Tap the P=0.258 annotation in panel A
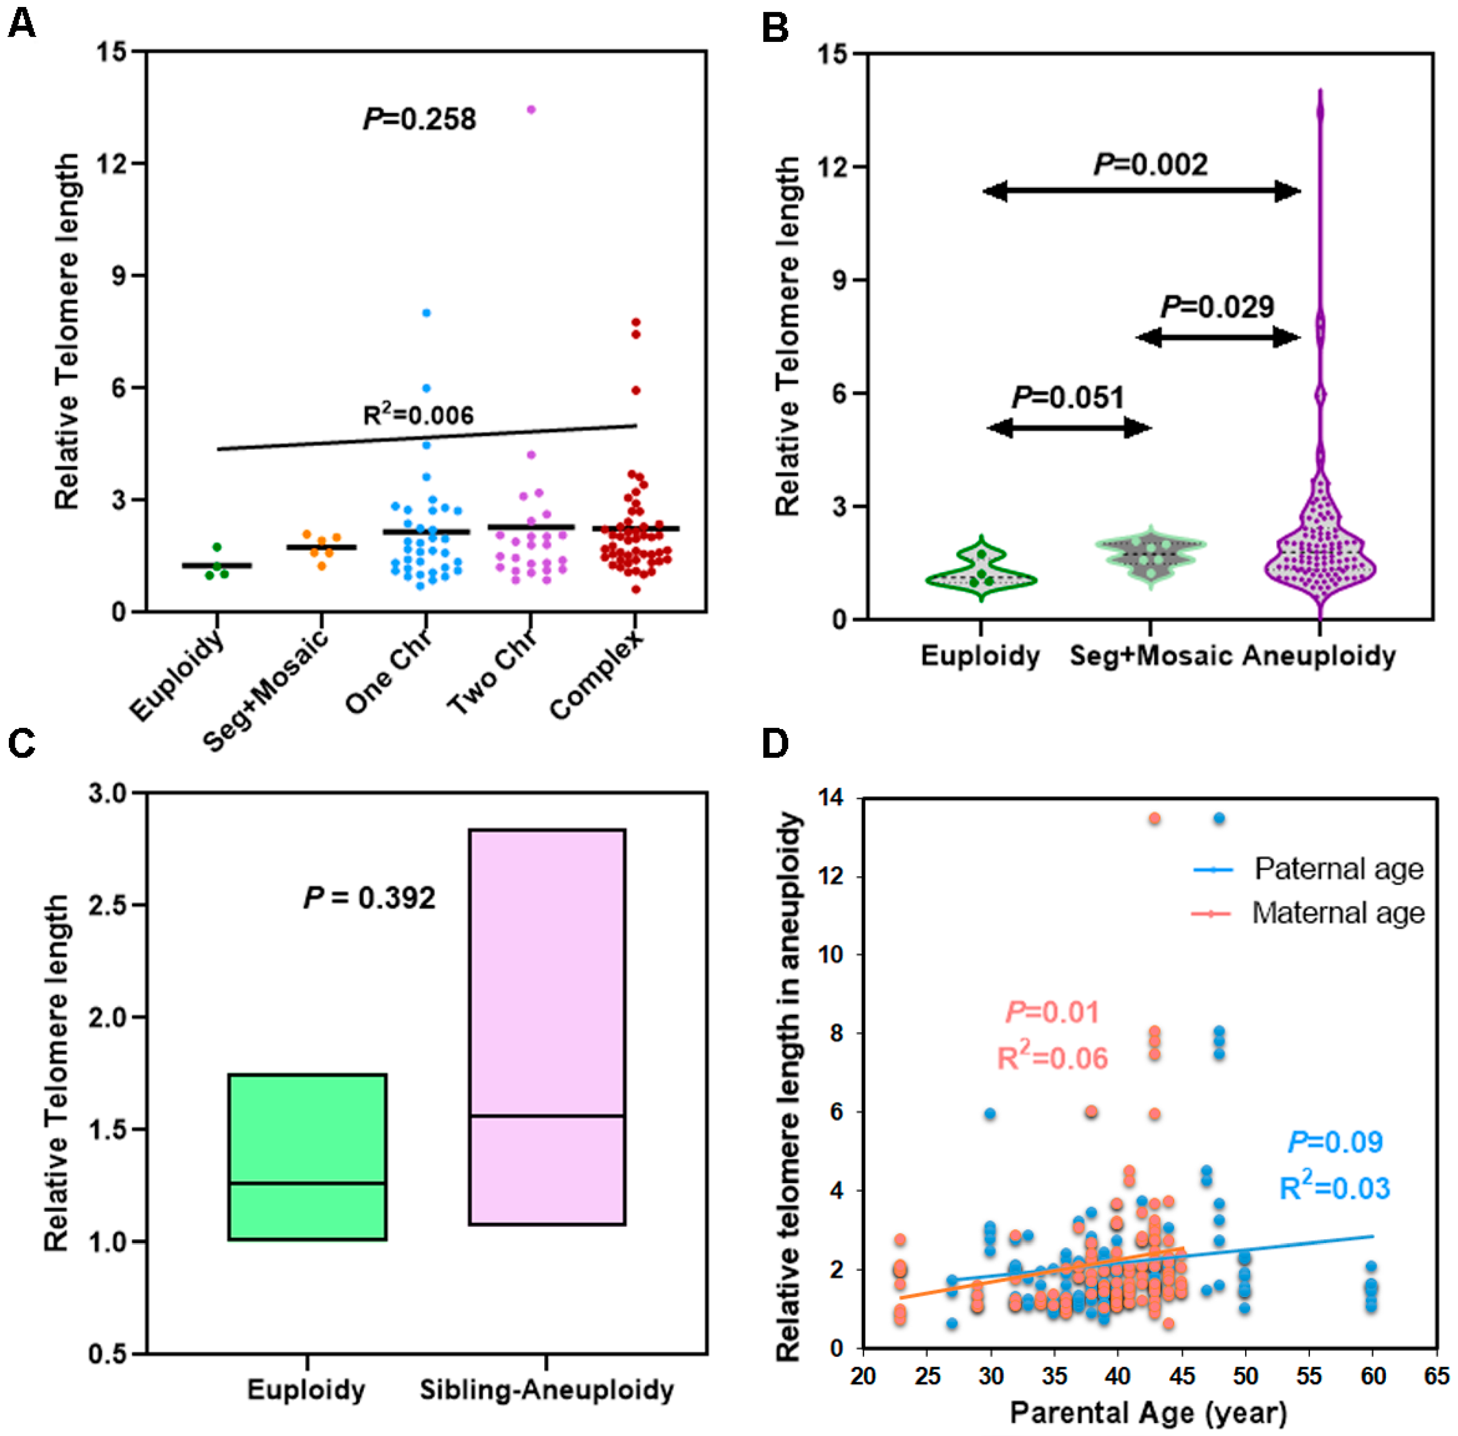pyautogui.click(x=419, y=119)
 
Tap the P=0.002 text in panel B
pyautogui.click(x=1150, y=165)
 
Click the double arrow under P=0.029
pyautogui.click(x=1218, y=337)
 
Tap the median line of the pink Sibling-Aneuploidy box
pyautogui.click(x=547, y=1116)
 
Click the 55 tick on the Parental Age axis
pyautogui.click(x=1309, y=1376)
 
